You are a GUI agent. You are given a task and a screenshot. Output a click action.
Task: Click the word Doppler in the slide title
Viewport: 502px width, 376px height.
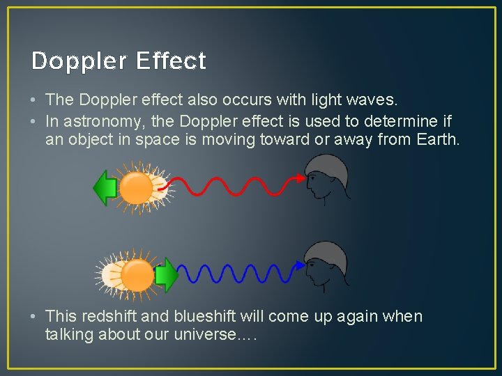click(79, 61)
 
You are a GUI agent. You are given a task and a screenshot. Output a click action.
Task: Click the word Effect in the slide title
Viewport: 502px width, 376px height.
click(171, 61)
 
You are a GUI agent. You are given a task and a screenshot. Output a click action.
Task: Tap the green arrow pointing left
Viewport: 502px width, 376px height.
click(105, 188)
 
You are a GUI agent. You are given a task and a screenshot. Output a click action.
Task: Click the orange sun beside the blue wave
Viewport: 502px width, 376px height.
click(137, 275)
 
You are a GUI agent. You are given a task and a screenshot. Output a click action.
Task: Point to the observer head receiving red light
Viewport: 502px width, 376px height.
click(326, 177)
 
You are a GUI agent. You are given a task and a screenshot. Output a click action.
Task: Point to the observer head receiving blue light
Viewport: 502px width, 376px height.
click(326, 265)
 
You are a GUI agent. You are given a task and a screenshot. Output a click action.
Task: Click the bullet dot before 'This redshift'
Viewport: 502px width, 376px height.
click(34, 317)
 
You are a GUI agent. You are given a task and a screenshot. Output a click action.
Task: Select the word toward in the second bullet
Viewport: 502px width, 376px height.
click(284, 140)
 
